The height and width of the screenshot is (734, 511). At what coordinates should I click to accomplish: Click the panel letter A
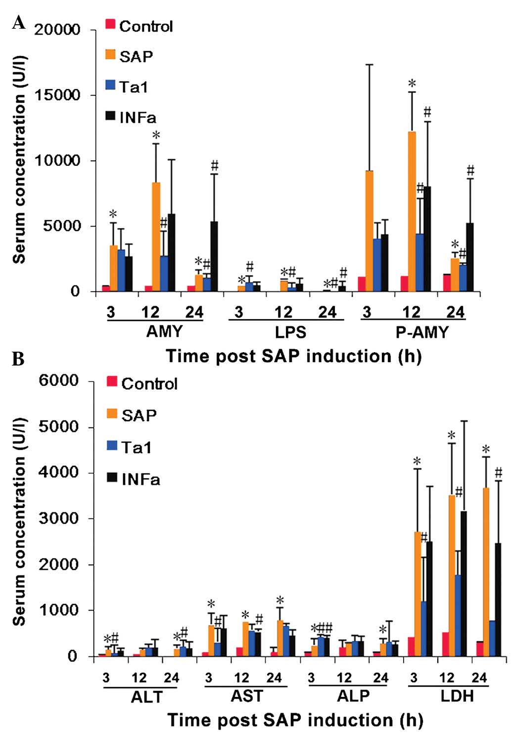(x=18, y=22)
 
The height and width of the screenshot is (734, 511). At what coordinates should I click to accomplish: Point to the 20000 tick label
(x=58, y=30)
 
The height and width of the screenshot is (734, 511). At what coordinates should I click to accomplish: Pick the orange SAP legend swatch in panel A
(x=110, y=54)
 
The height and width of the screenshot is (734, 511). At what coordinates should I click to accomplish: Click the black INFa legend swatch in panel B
(x=112, y=477)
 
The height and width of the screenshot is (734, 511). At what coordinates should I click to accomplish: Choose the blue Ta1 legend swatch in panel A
(x=110, y=85)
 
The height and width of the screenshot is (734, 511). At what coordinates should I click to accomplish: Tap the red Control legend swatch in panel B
(x=112, y=382)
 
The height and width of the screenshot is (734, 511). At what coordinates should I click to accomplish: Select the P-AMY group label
(x=421, y=331)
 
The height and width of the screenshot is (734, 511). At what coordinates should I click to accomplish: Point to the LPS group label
(x=290, y=331)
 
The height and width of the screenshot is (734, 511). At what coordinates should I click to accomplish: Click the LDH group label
(x=457, y=696)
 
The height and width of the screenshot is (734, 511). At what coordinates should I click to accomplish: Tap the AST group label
(x=247, y=696)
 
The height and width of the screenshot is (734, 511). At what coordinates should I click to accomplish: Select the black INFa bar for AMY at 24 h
(x=214, y=257)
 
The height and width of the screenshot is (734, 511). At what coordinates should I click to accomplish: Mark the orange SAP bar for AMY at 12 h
(x=156, y=237)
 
